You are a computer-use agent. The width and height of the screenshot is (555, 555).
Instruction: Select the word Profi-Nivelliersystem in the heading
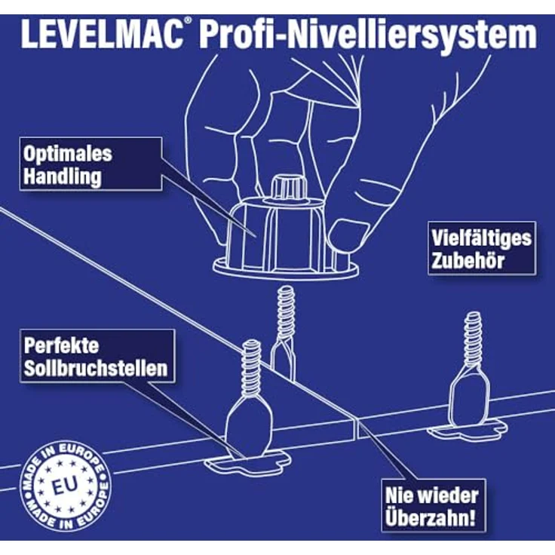[363, 35]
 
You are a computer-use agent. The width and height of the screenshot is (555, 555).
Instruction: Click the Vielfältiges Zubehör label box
[482, 248]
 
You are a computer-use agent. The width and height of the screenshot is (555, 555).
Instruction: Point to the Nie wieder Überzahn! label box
[432, 507]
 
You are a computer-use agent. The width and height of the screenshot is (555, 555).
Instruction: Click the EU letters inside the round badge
[64, 480]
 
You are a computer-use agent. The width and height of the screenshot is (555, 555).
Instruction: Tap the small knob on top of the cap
[289, 186]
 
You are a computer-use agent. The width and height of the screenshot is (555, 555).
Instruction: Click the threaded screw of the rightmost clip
[473, 339]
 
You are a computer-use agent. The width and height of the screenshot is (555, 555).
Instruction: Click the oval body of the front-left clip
[248, 426]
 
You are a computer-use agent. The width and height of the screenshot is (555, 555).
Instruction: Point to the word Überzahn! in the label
[432, 520]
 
